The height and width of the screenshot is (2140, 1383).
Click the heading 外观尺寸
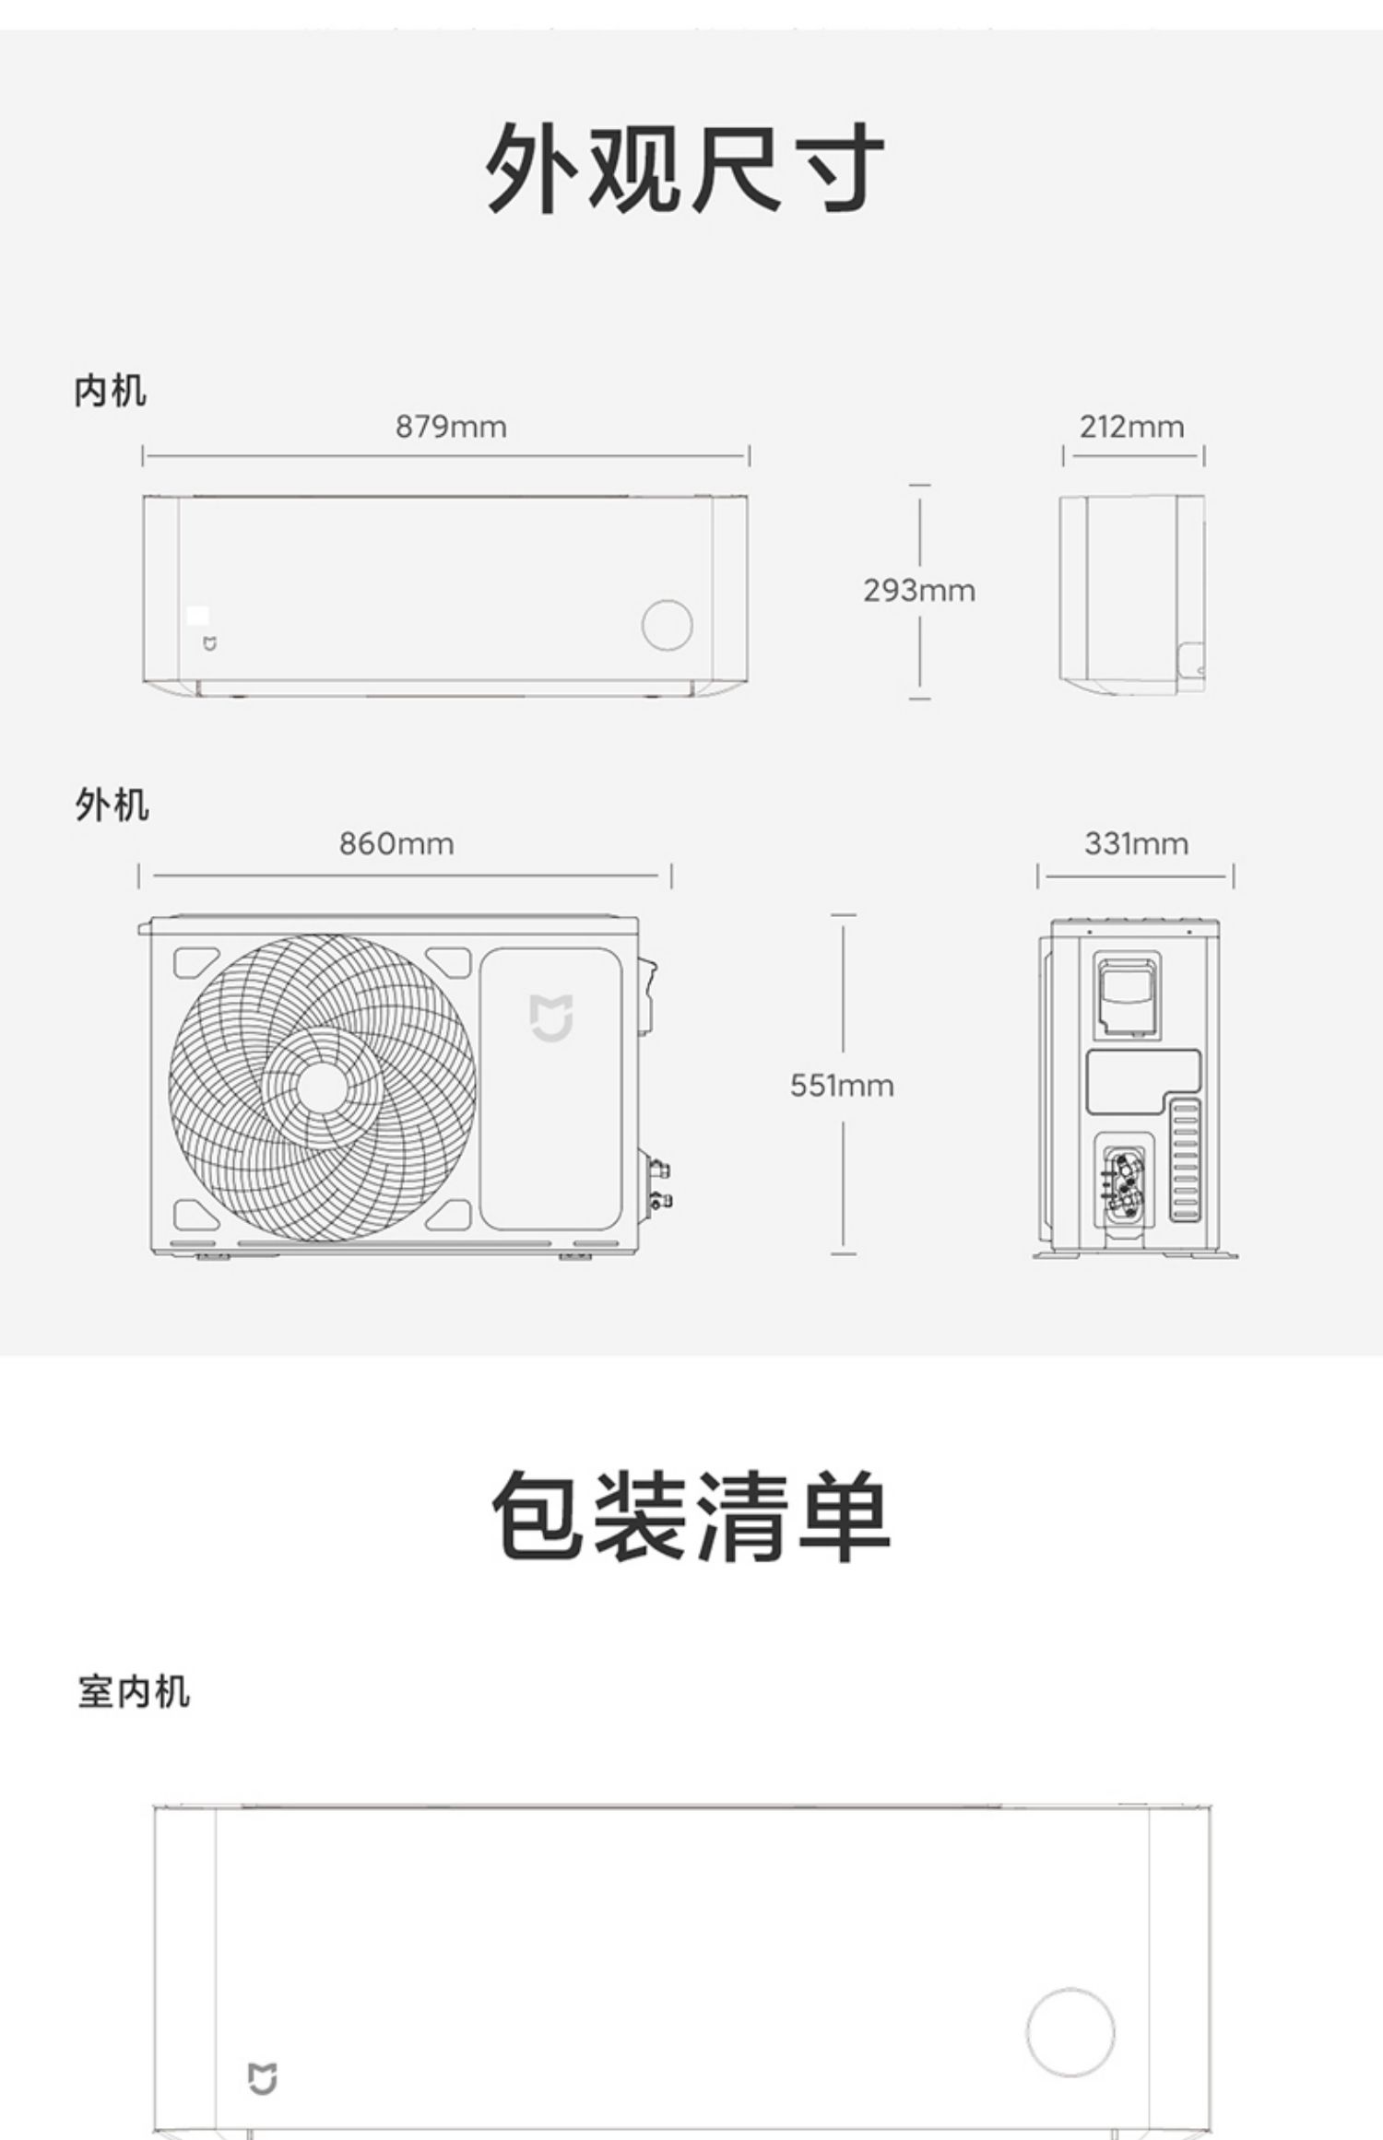686,169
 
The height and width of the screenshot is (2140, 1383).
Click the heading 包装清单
691,1516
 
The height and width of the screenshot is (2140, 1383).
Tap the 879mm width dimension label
451,427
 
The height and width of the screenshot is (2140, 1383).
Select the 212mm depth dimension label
1131,427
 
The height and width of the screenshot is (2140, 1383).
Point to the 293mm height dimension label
918,590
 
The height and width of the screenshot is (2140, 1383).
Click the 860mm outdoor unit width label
396,843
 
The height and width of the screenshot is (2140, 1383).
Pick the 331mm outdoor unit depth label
1136,843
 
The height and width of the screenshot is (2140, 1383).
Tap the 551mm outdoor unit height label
842,1086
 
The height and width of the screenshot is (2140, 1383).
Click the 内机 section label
110,391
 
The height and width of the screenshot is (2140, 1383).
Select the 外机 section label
112,805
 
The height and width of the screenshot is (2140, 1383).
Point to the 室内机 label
134,1692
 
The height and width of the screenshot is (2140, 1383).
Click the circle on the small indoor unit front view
667,625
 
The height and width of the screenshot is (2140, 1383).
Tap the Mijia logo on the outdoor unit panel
551,1017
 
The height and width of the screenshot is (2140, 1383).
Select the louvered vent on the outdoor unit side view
1185,1160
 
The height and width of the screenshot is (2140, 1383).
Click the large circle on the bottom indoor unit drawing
1070,2031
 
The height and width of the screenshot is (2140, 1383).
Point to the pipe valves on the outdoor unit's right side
659,1185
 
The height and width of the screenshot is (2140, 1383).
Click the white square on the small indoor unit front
197,615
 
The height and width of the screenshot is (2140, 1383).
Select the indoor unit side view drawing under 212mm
1131,594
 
